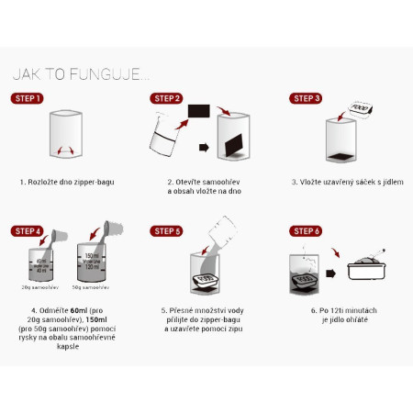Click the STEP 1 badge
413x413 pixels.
pos(28,97)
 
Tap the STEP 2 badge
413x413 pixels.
pos(167,97)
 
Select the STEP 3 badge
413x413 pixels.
pos(306,97)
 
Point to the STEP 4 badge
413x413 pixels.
pos(28,230)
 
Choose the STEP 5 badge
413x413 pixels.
pos(167,230)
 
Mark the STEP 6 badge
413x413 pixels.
pos(306,230)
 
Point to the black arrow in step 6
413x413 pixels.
pos(334,273)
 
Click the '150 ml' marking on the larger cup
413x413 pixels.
pos(92,254)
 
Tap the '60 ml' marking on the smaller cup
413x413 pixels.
pos(36,260)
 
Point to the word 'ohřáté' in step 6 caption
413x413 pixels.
pos(357,321)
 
